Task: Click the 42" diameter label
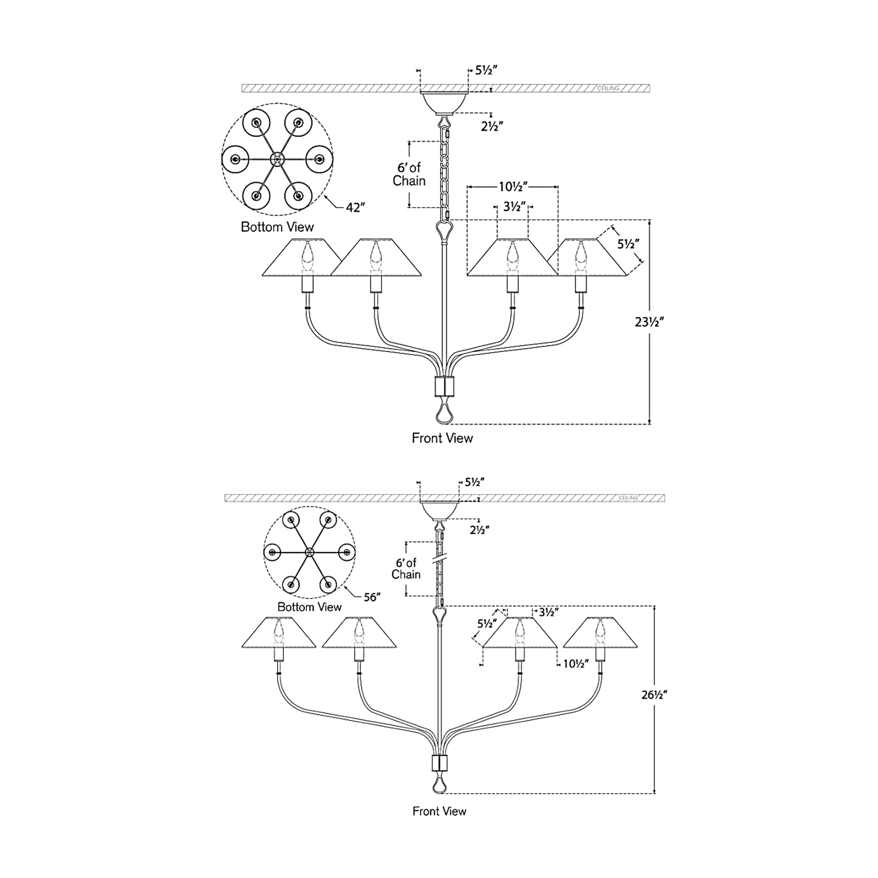[x=356, y=207]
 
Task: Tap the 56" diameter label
[x=372, y=597]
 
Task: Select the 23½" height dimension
[x=649, y=322]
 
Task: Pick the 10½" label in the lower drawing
[x=576, y=664]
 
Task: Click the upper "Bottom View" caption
[x=277, y=227]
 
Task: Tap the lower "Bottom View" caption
[x=309, y=607]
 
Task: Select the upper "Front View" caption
[x=442, y=438]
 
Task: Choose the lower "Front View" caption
[x=439, y=811]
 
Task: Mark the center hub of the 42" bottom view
[x=277, y=159]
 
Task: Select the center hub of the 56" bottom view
[x=309, y=552]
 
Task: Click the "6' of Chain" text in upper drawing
[x=409, y=175]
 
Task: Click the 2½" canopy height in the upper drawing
[x=492, y=126]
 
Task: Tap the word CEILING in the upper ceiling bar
[x=608, y=88]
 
